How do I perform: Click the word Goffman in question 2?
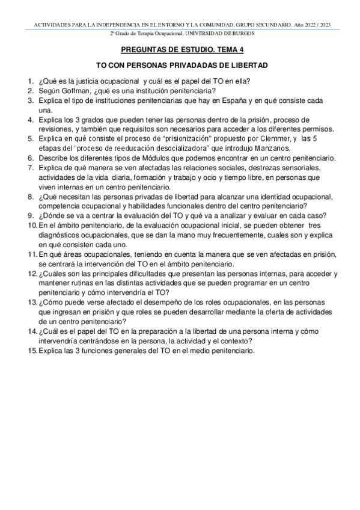click(75, 91)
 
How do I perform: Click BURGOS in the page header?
click(242, 33)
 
